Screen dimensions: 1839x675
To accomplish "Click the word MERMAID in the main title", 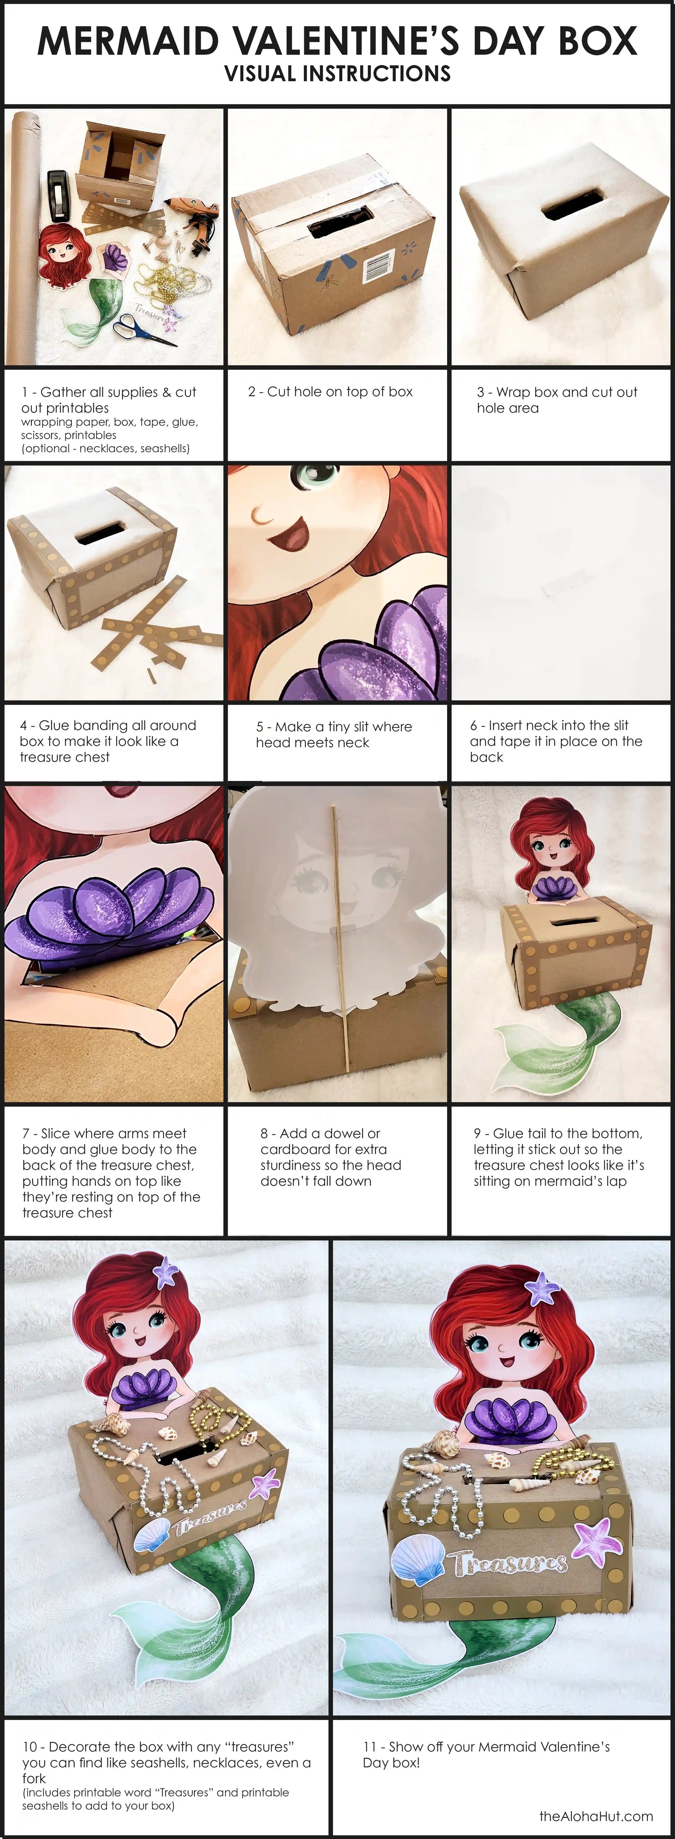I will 128,41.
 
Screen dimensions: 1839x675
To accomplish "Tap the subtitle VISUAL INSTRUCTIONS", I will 337,74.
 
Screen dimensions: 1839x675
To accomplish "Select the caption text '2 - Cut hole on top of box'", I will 330,391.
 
